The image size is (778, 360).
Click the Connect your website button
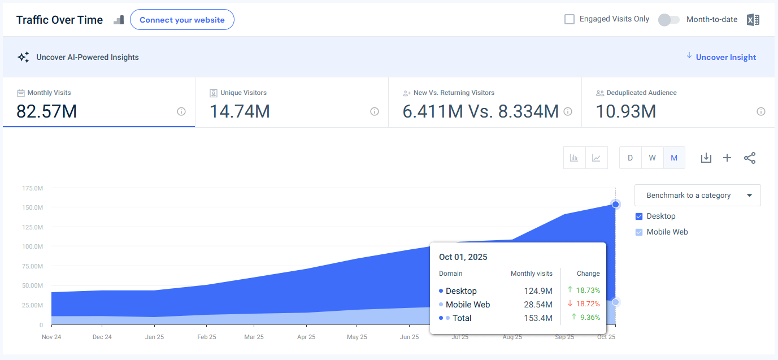(x=182, y=20)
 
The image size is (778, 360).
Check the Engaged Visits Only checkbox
(x=570, y=19)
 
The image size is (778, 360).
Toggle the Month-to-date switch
(x=668, y=20)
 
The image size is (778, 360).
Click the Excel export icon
(x=753, y=20)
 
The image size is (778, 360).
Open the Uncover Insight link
(x=725, y=57)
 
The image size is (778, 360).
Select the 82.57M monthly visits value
(x=46, y=111)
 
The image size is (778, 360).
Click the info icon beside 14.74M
(x=374, y=111)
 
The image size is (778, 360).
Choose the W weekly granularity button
(x=652, y=158)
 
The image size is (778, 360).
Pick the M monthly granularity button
(x=674, y=158)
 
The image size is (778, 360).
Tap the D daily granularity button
(x=631, y=158)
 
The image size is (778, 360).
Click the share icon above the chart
(x=749, y=158)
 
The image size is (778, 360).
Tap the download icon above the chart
(x=706, y=158)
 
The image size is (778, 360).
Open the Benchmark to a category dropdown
(x=697, y=196)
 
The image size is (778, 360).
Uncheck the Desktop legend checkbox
(x=639, y=216)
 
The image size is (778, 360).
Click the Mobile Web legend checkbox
(x=639, y=232)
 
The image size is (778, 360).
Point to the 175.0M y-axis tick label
(x=33, y=188)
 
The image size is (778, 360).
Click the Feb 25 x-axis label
(x=207, y=337)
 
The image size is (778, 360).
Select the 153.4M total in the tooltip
(x=538, y=318)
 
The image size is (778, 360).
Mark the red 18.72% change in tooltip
(x=588, y=304)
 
